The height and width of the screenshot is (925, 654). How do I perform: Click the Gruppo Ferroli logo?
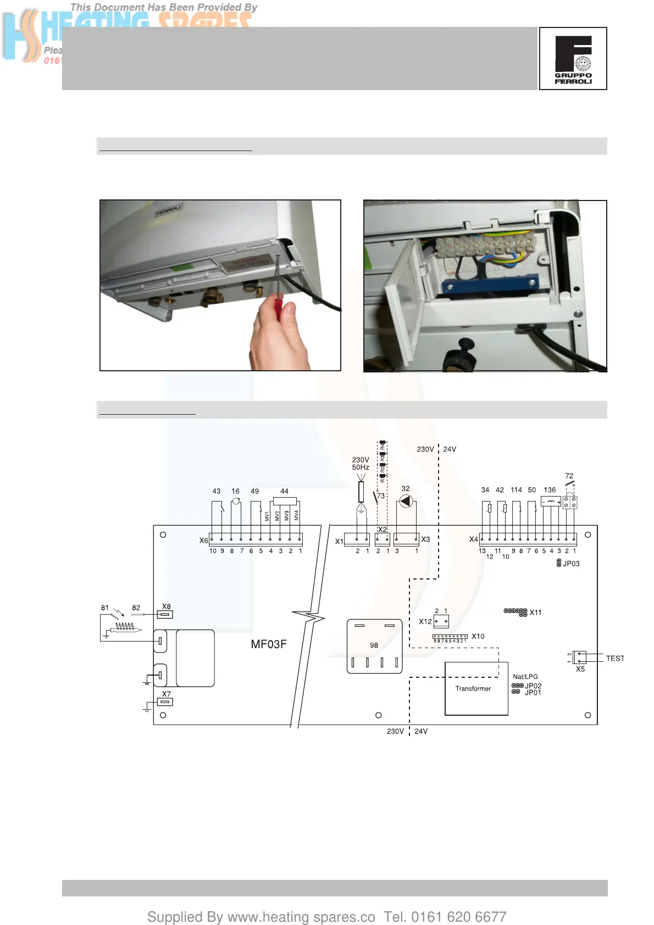(573, 58)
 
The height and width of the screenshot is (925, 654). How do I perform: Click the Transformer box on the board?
(476, 689)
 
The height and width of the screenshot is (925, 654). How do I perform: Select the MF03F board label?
(269, 644)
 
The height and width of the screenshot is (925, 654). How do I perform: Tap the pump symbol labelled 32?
(406, 501)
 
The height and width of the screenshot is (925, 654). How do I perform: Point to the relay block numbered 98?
(374, 646)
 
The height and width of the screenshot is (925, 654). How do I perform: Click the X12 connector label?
(425, 622)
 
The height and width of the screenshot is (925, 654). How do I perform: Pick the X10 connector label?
(478, 637)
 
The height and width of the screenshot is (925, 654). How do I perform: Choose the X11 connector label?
(535, 612)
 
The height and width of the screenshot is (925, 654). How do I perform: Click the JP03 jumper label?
(571, 564)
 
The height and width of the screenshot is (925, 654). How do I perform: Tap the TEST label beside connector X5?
(614, 659)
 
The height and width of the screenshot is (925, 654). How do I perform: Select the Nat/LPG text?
(525, 677)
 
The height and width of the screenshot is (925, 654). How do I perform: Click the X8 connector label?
(166, 606)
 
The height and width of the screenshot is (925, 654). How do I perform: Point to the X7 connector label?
(166, 694)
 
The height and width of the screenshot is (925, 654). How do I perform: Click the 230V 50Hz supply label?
(361, 464)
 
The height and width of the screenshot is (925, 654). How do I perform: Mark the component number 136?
(550, 490)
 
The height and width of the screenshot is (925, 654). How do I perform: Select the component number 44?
(284, 491)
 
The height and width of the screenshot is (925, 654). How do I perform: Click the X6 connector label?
(203, 540)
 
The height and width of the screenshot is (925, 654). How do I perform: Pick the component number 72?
(569, 476)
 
